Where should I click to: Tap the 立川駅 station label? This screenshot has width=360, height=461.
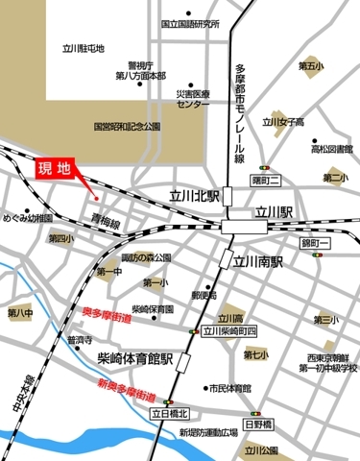coord(272,210)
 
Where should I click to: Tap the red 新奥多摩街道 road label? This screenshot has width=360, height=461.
coord(126,390)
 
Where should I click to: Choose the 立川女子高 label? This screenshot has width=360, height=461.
coord(284,122)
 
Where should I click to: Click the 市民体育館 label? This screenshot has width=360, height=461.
coord(230,389)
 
